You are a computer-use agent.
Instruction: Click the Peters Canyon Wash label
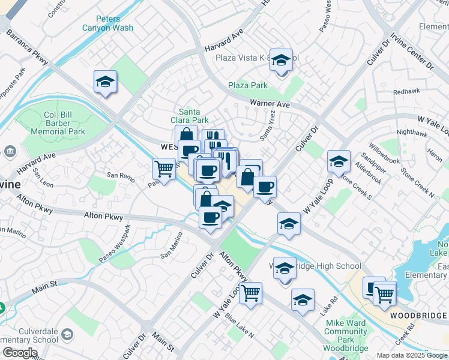[107, 23]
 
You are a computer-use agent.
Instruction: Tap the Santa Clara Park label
[193, 116]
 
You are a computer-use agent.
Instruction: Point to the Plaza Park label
[247, 86]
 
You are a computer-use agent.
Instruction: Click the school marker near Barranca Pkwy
[105, 82]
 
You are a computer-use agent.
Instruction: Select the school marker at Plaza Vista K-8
[280, 60]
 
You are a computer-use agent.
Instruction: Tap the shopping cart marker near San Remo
[164, 169]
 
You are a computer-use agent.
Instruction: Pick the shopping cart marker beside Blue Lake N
[250, 293]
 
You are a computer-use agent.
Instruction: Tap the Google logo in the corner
[20, 353]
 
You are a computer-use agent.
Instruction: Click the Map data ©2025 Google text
[411, 355]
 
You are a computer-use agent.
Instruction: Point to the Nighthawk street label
[412, 131]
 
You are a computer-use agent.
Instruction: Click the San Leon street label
[43, 176]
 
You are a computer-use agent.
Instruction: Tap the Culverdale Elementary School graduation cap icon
[68, 334]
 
